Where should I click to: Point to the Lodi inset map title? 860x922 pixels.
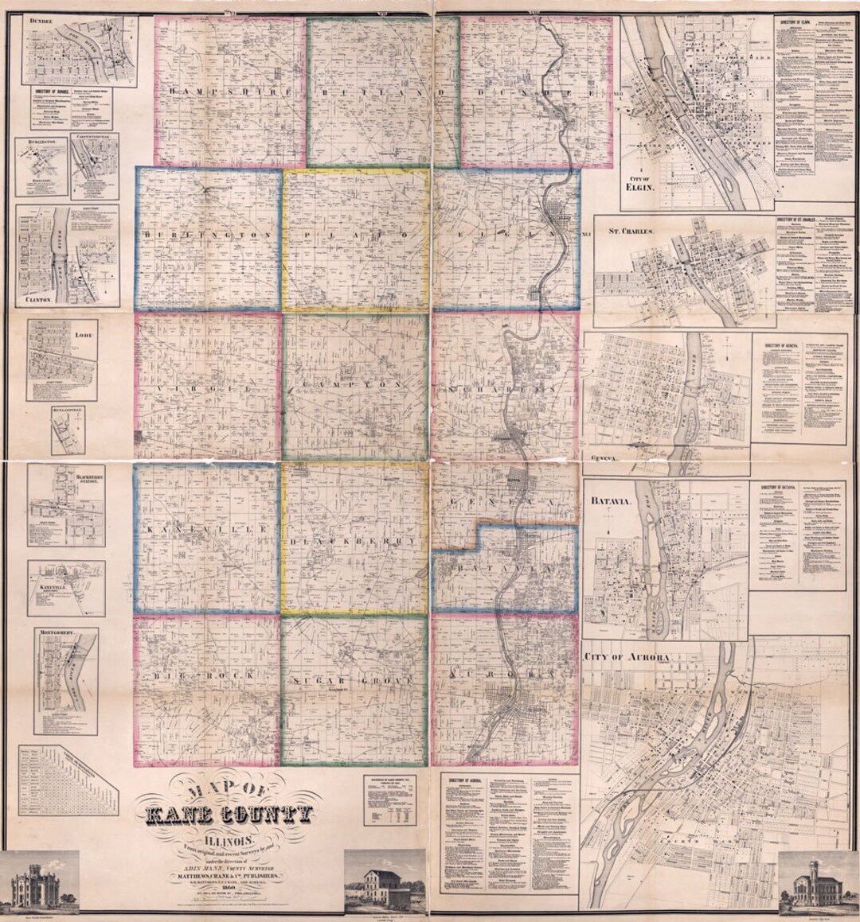[x=84, y=337]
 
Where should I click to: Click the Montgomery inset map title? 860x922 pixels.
[x=57, y=633]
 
